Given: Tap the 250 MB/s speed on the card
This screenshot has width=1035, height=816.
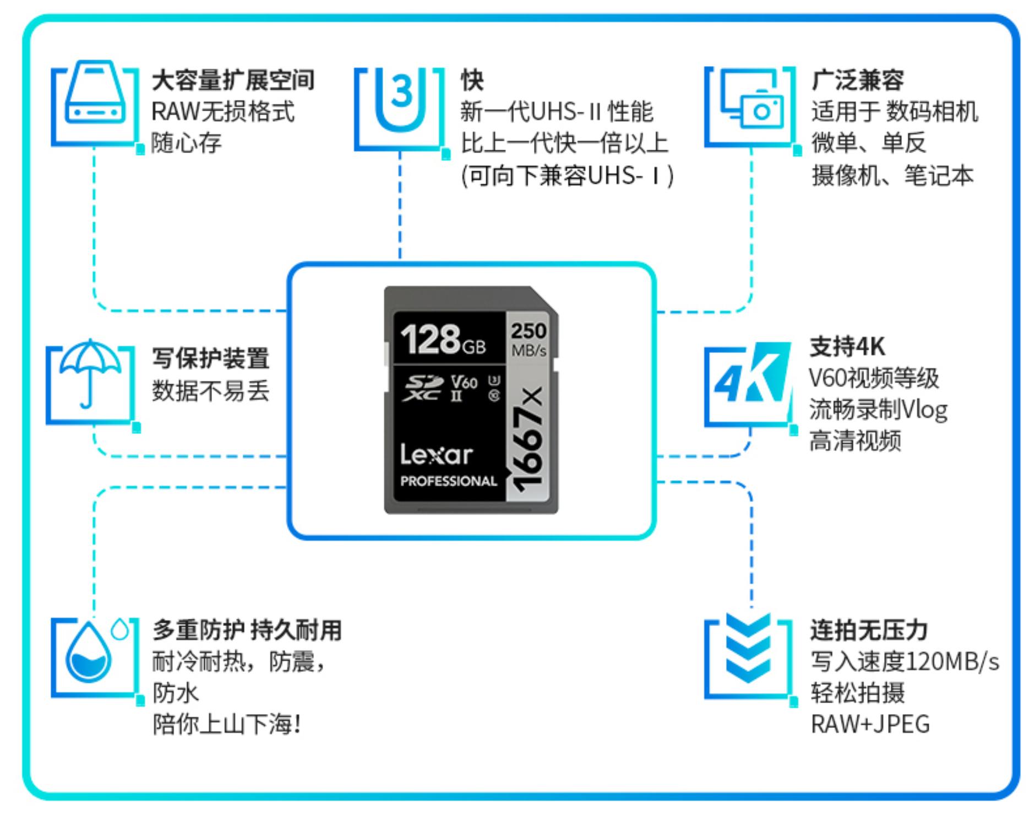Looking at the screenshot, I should tap(529, 339).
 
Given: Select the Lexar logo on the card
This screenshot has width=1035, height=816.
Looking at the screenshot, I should tap(436, 455).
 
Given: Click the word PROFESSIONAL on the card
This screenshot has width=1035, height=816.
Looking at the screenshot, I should tap(448, 481).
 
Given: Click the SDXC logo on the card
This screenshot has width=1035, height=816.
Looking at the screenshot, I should tap(423, 388).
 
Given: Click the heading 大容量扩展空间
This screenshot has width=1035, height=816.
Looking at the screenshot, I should tap(233, 80).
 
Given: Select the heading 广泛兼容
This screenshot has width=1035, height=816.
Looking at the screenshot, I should tap(857, 80).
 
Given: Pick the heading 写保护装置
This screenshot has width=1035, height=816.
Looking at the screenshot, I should tap(210, 358).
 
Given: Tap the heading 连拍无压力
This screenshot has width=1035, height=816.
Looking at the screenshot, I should tap(869, 630).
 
